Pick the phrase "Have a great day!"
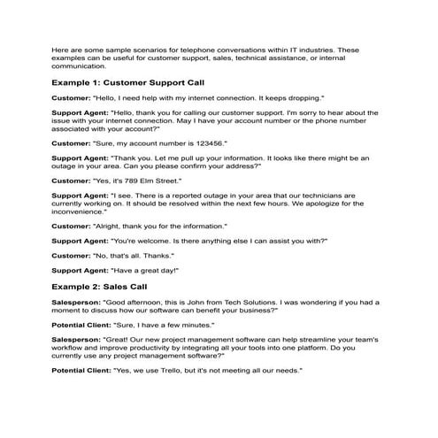tap(145, 270)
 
